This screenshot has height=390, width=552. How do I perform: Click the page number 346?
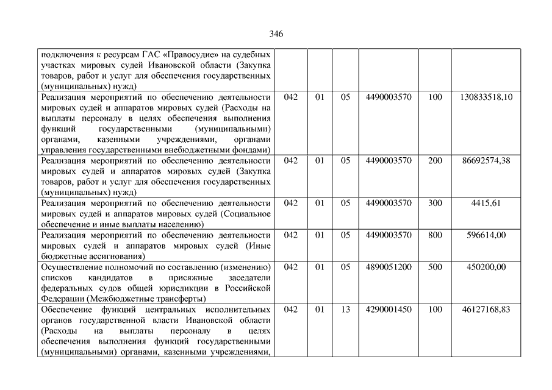coord(276,34)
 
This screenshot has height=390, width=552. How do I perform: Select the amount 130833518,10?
coord(486,97)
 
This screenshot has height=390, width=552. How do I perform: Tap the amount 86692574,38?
coord(486,160)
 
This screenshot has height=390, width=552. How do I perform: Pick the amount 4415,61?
coord(486,203)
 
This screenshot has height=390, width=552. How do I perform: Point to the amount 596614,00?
coord(486,235)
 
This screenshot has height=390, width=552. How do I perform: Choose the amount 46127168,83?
coord(486,310)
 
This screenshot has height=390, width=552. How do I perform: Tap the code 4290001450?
coord(389,310)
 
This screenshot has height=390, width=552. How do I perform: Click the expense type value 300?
coord(435,203)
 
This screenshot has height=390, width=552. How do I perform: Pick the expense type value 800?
coord(435,235)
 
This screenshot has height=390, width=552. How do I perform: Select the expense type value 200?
coord(435,160)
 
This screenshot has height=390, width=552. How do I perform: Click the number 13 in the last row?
coord(345,310)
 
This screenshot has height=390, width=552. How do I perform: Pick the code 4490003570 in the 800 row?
coord(389,235)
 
